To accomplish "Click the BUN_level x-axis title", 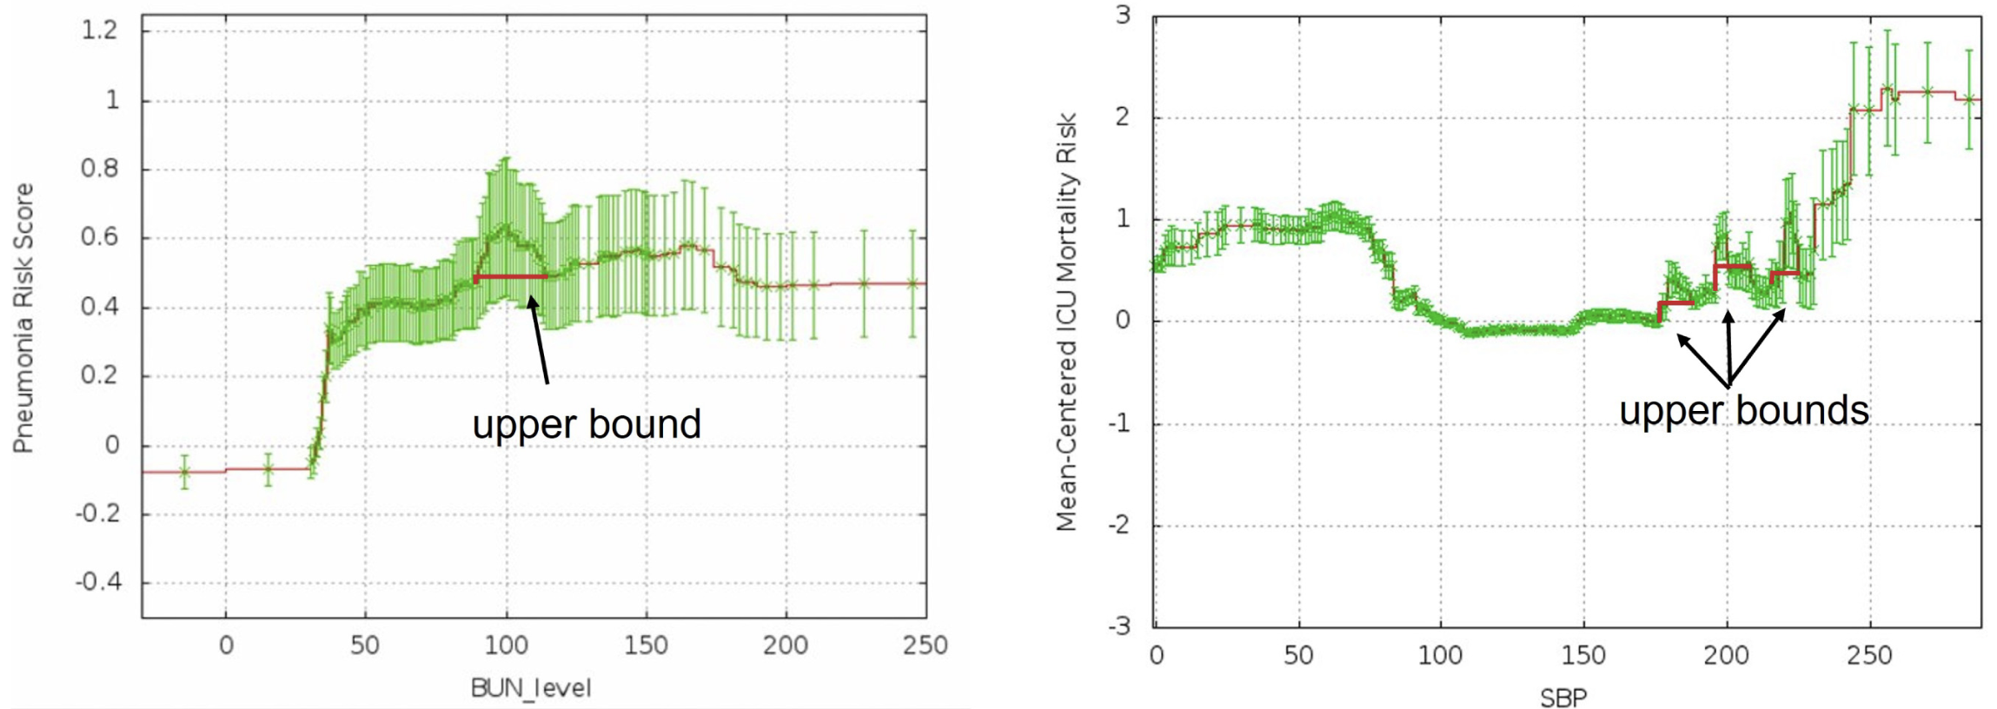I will [x=530, y=688].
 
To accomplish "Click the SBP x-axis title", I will [x=1563, y=697].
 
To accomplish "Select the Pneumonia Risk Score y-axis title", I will [x=23, y=318].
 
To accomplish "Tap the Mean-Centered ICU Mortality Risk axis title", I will [x=1066, y=321].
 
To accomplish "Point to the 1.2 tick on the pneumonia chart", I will [x=98, y=30].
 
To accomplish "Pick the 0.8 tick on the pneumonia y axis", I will [x=99, y=168].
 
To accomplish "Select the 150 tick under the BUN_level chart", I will [x=646, y=646].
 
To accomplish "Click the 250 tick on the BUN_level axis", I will [x=925, y=646].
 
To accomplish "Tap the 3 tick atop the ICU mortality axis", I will [x=1124, y=16].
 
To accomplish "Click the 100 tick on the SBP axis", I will [x=1441, y=655].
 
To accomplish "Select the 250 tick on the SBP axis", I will [x=1869, y=655].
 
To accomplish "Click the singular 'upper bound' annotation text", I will [x=587, y=424].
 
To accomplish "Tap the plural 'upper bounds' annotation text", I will [x=1743, y=410].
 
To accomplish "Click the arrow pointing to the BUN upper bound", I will [x=540, y=339].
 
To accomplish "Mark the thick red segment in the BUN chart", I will [x=511, y=277].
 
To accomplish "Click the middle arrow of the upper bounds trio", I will [x=1728, y=348].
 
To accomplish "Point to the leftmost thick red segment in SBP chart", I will [x=1676, y=303].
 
